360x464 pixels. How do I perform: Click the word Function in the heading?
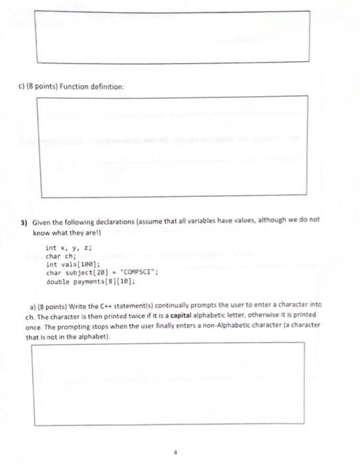(x=76, y=87)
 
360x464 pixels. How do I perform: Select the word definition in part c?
(x=108, y=87)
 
